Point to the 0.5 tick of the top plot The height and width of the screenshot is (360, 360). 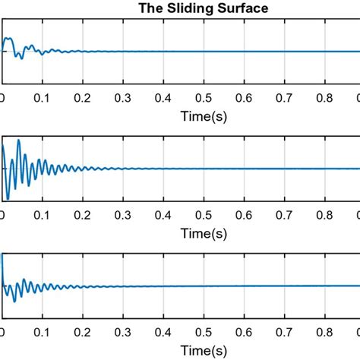(203, 97)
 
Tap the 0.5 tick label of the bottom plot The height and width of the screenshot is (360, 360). (203, 332)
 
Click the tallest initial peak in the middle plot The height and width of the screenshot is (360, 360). (18, 141)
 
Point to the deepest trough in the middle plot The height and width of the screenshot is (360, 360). (8, 199)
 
